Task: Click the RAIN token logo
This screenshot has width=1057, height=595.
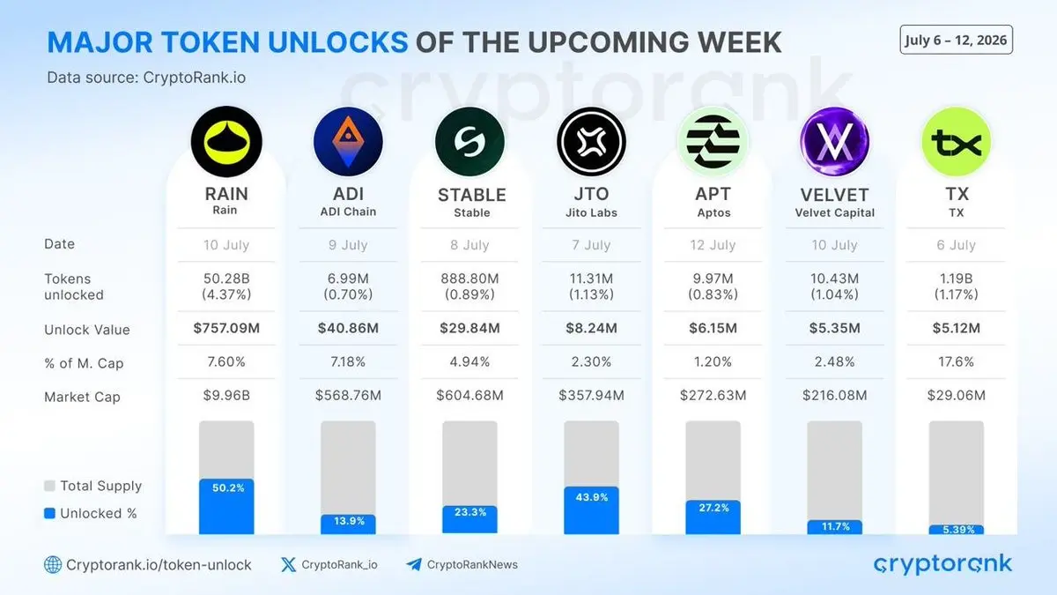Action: (x=226, y=142)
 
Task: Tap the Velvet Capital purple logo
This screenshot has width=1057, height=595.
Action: (x=835, y=142)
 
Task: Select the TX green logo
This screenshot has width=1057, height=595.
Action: (x=957, y=142)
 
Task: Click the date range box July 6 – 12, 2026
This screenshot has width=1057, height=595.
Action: (x=956, y=40)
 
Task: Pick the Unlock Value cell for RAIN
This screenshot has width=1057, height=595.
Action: (x=226, y=328)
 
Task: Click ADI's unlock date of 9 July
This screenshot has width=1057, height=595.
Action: (x=348, y=245)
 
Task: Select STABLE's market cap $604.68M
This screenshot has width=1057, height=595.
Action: (x=470, y=395)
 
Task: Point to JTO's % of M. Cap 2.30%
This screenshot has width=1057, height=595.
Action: (x=591, y=362)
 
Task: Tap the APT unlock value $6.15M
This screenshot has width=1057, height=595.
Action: (x=713, y=328)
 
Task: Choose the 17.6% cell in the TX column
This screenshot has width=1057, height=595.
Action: (x=957, y=362)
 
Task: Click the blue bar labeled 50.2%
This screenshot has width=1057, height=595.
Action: (x=226, y=507)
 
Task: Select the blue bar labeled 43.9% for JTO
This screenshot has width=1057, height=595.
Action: (x=591, y=510)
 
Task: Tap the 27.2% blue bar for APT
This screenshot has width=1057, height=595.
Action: (x=713, y=517)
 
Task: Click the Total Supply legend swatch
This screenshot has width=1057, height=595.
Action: (x=49, y=486)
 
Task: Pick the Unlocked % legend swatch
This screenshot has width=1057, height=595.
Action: (x=49, y=513)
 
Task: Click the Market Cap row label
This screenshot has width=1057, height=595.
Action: (x=82, y=398)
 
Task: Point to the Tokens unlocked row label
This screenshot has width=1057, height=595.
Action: (x=74, y=286)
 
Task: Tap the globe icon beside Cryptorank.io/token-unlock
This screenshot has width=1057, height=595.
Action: (x=53, y=565)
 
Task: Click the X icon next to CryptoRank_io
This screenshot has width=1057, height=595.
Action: (x=288, y=565)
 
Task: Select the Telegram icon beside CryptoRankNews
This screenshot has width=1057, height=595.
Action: (x=414, y=565)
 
